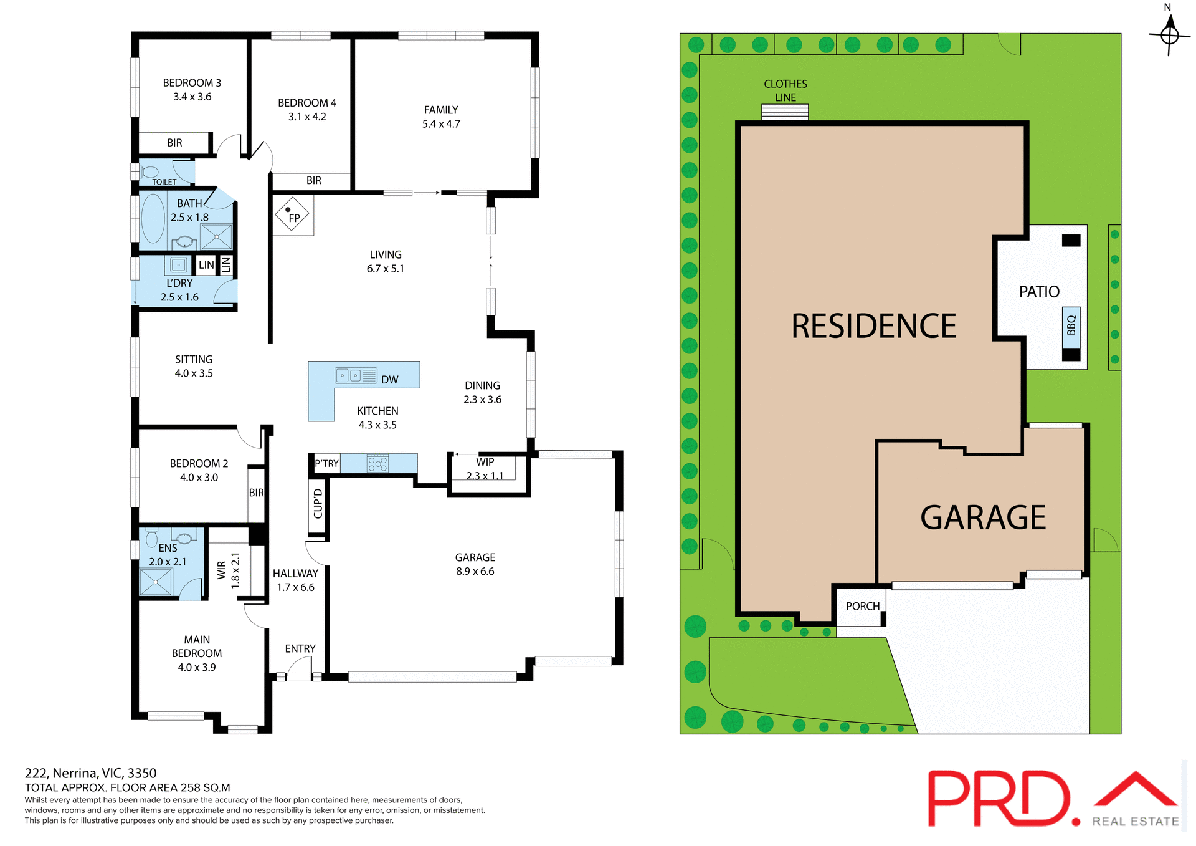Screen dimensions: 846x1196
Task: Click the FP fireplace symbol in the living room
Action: point(292,216)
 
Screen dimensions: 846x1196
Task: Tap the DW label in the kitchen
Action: point(389,380)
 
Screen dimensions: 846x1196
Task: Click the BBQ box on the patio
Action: point(1071,325)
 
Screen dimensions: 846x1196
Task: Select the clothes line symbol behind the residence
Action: point(784,112)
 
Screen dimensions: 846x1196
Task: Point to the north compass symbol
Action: point(1169,34)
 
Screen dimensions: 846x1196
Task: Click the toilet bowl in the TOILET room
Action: point(149,171)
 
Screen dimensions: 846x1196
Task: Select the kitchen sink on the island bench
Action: point(349,375)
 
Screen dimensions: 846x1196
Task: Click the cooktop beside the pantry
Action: point(377,463)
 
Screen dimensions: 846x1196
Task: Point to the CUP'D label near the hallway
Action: point(318,504)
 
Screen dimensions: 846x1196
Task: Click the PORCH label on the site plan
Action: point(862,606)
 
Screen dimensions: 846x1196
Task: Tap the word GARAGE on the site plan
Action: point(982,517)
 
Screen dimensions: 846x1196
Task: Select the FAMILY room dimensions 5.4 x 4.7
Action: point(441,124)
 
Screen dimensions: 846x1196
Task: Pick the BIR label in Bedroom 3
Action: point(174,143)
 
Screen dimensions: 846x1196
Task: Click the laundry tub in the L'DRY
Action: point(178,265)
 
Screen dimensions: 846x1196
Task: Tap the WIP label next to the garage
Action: point(485,462)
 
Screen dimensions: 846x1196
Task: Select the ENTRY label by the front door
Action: point(300,648)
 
